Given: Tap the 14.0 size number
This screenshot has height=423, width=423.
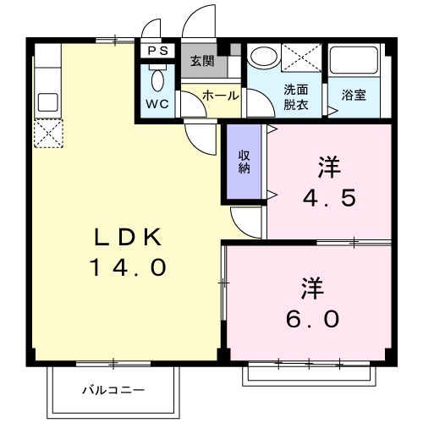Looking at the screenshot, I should click(126, 268).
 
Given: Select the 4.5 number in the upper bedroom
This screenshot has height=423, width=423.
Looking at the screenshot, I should click(329, 198).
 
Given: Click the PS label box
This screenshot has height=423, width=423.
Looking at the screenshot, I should click(157, 51).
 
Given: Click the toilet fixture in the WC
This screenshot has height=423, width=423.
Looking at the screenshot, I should click(157, 80).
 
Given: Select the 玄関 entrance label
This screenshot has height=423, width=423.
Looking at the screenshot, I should click(201, 61).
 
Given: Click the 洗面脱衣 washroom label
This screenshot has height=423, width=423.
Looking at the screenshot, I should click(294, 97).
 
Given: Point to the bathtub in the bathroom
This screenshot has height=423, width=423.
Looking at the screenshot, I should click(353, 61).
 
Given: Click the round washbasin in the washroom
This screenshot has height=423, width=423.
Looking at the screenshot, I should click(265, 57).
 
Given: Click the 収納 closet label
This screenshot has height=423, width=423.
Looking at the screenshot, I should click(244, 161).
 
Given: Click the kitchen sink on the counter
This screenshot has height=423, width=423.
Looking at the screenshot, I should click(47, 102).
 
